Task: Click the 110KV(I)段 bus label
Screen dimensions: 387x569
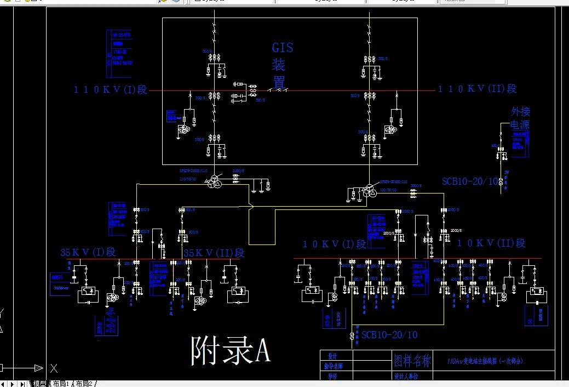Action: click(x=111, y=90)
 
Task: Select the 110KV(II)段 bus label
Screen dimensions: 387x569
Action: click(x=477, y=89)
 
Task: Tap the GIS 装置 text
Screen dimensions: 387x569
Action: click(x=282, y=65)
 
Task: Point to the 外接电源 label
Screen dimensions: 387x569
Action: click(x=520, y=118)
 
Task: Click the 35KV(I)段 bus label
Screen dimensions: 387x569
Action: click(x=88, y=252)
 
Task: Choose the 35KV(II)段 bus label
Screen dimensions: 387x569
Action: click(x=214, y=253)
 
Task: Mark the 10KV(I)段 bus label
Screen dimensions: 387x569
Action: click(x=334, y=244)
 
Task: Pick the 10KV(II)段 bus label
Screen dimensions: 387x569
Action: click(x=491, y=243)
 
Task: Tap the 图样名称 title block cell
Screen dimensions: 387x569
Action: click(x=413, y=361)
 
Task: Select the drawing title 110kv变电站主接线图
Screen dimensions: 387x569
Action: click(x=485, y=361)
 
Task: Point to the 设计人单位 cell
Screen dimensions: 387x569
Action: click(x=406, y=377)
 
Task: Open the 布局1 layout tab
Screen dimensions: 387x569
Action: click(x=61, y=384)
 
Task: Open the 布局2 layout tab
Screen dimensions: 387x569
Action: click(x=85, y=384)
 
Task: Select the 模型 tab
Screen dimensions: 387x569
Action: click(x=39, y=384)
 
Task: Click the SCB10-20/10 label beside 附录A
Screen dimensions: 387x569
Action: click(x=389, y=335)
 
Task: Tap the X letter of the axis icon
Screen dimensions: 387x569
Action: click(x=54, y=368)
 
